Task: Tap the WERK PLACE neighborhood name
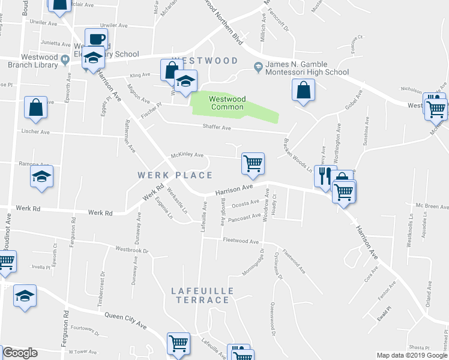tap(175, 175)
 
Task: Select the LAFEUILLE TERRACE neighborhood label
tap(202, 295)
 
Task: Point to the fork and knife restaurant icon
tap(325, 176)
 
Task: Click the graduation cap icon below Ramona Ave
tap(41, 177)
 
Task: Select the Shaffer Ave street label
tap(217, 128)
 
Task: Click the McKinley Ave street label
tap(187, 155)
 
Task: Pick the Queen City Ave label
tap(125, 320)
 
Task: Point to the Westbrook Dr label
tap(131, 249)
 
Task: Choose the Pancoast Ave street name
tap(244, 217)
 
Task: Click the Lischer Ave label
tap(35, 131)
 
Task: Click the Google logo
tap(20, 353)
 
